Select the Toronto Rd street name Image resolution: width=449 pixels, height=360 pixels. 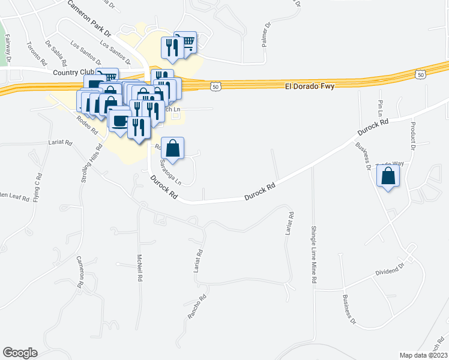point(37,53)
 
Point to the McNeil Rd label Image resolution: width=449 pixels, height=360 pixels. point(139,268)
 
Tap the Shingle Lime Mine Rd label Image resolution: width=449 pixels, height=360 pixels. point(313,255)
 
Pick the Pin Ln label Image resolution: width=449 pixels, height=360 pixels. point(380,109)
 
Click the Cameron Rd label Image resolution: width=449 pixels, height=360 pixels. point(80,272)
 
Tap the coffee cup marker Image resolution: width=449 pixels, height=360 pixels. point(119,121)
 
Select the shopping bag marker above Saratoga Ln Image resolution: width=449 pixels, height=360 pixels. point(173,148)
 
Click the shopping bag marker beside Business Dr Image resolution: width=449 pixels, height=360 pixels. point(388,176)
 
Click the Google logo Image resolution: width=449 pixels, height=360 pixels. point(20,353)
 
